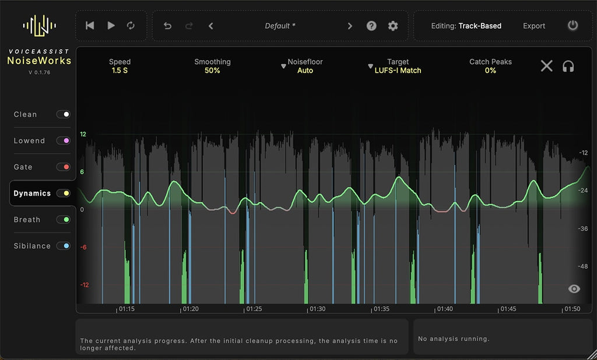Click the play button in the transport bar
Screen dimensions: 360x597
pyautogui.click(x=111, y=26)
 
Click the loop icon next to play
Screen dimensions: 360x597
pyautogui.click(x=131, y=26)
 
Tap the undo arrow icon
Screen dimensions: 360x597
pyautogui.click(x=167, y=26)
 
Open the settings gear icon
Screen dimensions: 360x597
pyautogui.click(x=393, y=26)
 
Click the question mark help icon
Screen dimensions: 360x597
pyautogui.click(x=371, y=26)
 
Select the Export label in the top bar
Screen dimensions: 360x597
pyautogui.click(x=534, y=26)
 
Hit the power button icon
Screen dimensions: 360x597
pyautogui.click(x=573, y=26)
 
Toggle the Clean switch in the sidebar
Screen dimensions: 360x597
pyautogui.click(x=63, y=114)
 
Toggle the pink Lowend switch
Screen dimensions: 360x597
pyautogui.click(x=63, y=140)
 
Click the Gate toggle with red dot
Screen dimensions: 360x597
pyautogui.click(x=63, y=167)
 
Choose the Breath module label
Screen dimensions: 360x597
pyautogui.click(x=27, y=220)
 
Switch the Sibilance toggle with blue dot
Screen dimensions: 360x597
pyautogui.click(x=63, y=246)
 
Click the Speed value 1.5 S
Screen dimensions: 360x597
pyautogui.click(x=120, y=70)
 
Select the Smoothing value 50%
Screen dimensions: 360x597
pyautogui.click(x=212, y=70)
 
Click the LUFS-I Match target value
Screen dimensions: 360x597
pyautogui.click(x=398, y=70)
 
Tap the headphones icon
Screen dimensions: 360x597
pyautogui.click(x=568, y=66)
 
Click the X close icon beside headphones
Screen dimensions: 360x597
pyautogui.click(x=546, y=66)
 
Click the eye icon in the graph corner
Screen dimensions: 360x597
pyautogui.click(x=574, y=288)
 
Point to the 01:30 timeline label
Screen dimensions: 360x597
pyautogui.click(x=317, y=309)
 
